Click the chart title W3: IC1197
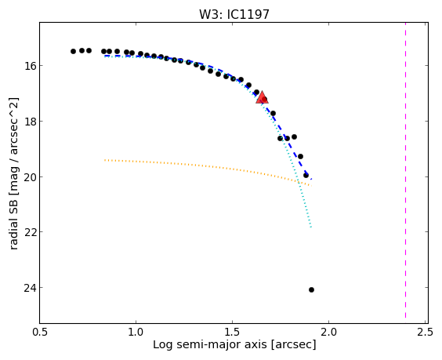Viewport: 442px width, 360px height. [x=234, y=14]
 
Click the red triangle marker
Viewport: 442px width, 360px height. [x=262, y=97]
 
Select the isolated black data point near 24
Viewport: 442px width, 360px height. [x=311, y=289]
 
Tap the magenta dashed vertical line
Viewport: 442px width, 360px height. [x=405, y=170]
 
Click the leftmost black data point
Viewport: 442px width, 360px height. [x=73, y=51]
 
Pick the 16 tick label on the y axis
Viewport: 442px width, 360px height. [x=28, y=65]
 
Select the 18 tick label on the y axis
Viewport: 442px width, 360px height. [x=28, y=122]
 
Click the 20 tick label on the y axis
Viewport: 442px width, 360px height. [x=28, y=177]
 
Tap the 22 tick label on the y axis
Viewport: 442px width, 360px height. [x=28, y=232]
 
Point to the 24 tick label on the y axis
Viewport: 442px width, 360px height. [x=28, y=288]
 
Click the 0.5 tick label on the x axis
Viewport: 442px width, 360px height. [x=40, y=332]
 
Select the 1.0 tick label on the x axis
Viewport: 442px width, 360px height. [x=136, y=332]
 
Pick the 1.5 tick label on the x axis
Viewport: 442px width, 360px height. [x=232, y=332]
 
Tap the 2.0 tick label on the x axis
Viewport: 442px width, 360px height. [x=328, y=332]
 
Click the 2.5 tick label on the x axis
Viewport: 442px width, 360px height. [x=425, y=332]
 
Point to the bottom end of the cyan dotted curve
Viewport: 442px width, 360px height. [x=311, y=227]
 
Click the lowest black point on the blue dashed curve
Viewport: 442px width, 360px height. [x=306, y=176]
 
